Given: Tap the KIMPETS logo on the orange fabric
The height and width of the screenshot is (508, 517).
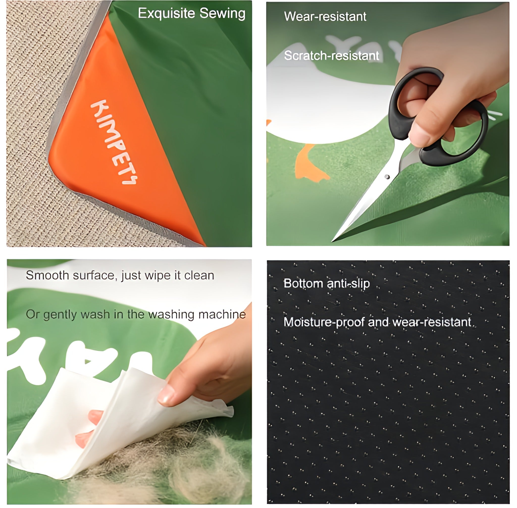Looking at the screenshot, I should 114,142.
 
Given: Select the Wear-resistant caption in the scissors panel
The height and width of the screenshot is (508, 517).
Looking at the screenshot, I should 325,17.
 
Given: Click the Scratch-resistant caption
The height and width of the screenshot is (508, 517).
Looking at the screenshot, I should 331,56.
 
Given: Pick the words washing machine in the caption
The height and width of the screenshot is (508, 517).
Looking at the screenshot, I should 197,315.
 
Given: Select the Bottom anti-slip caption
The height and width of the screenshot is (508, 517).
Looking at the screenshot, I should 326,283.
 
